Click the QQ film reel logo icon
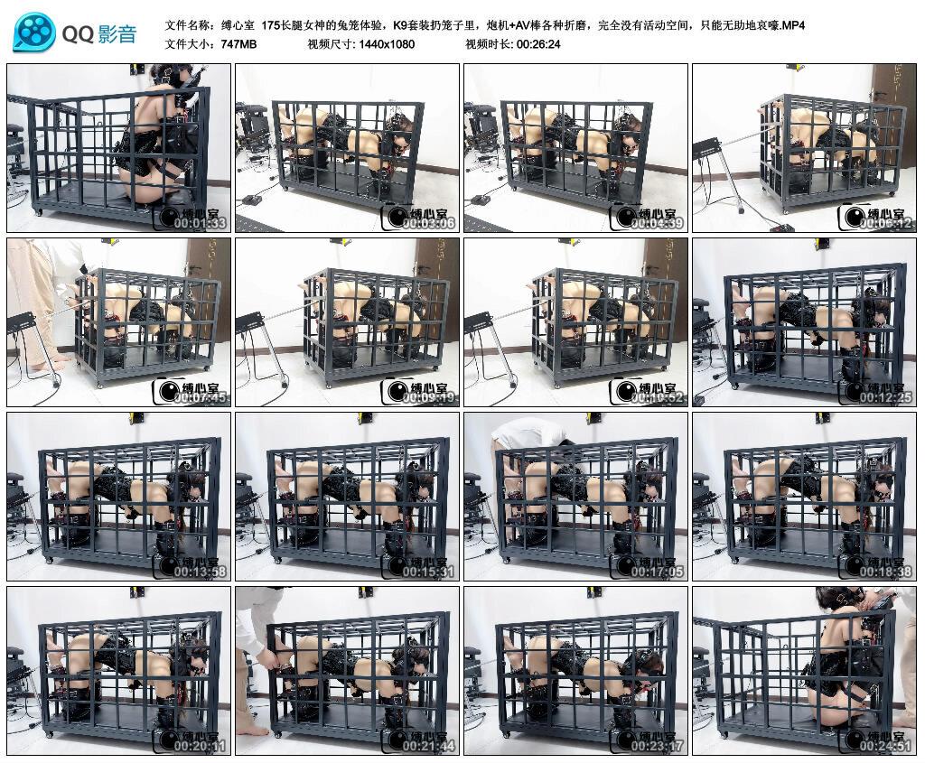click(34, 33)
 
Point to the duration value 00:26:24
click(538, 43)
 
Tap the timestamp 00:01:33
click(200, 224)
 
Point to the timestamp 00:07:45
click(200, 398)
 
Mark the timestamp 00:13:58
click(200, 572)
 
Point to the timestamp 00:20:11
click(200, 747)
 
